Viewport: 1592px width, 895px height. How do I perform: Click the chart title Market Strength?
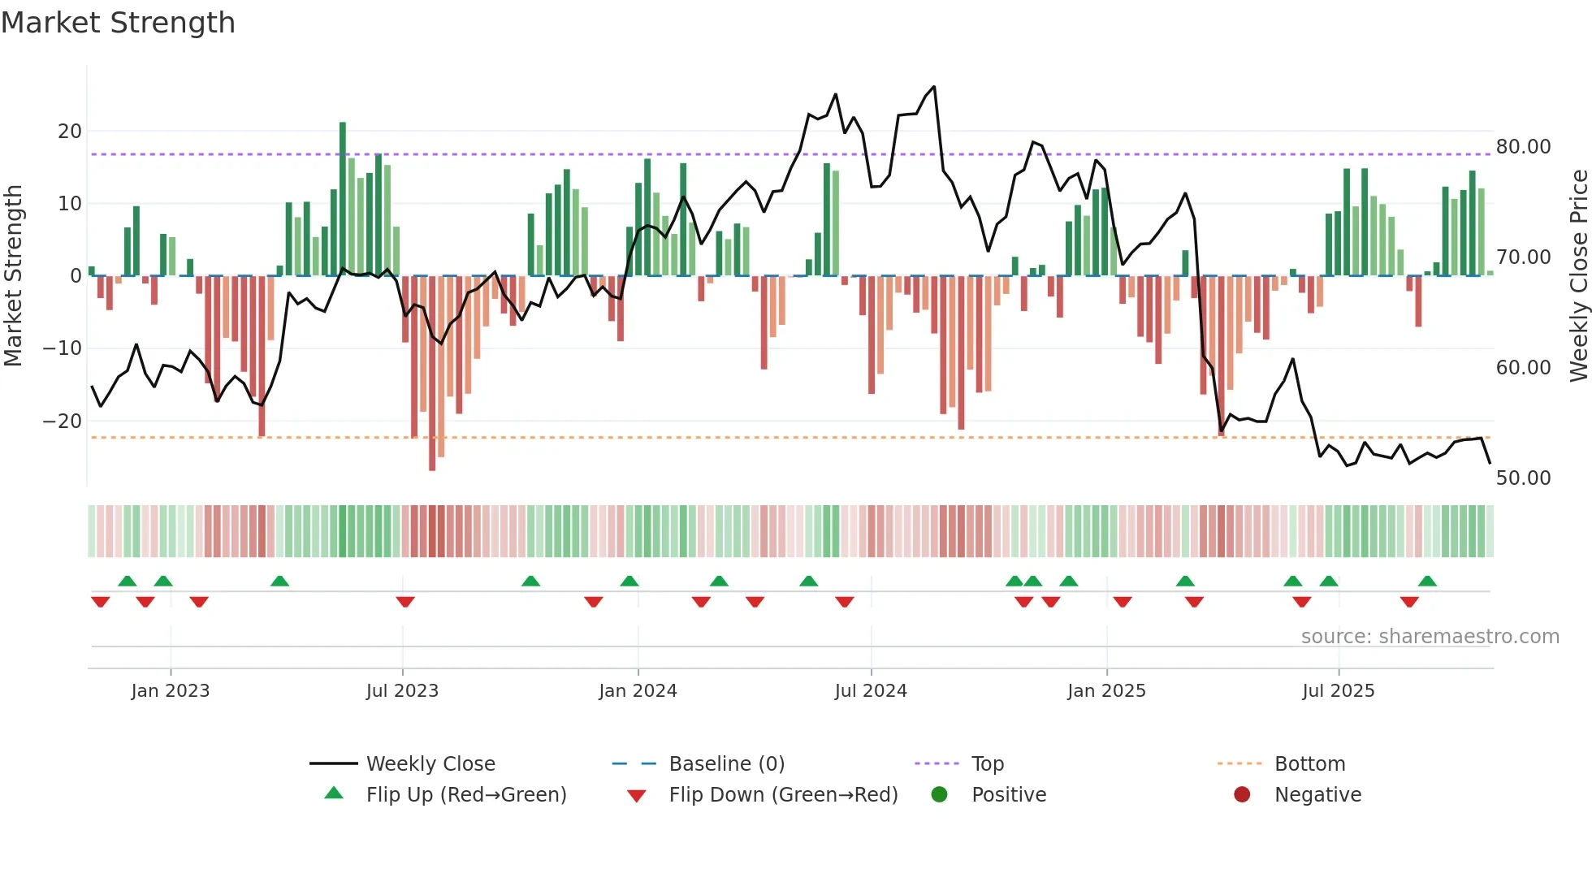coord(119,23)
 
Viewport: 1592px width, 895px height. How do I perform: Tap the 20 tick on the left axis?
coord(70,132)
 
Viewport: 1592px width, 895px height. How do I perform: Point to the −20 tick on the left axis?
coord(63,422)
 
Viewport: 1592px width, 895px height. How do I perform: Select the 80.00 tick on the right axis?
coord(1523,147)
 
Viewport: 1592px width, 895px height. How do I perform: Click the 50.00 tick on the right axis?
coord(1523,478)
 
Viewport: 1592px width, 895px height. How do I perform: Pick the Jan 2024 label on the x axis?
coord(638,691)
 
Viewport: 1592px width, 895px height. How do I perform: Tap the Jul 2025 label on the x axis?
coord(1338,691)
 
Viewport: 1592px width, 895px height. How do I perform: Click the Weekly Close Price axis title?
coord(1578,276)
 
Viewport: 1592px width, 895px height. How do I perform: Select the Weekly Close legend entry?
coord(430,764)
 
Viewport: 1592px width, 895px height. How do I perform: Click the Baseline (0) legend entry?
coord(726,764)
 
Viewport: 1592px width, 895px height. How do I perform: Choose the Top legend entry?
coord(987,764)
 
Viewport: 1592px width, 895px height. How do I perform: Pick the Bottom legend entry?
coord(1309,764)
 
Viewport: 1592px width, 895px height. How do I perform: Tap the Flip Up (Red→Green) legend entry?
coord(465,795)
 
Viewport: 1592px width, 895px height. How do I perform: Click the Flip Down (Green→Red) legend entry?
coord(782,795)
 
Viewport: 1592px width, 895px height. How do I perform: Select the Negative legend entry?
coord(1317,795)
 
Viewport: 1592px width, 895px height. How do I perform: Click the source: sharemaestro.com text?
coord(1430,637)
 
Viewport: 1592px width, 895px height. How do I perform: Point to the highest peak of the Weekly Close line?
coord(934,87)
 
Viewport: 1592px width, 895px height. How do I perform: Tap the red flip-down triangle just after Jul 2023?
coord(405,602)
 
